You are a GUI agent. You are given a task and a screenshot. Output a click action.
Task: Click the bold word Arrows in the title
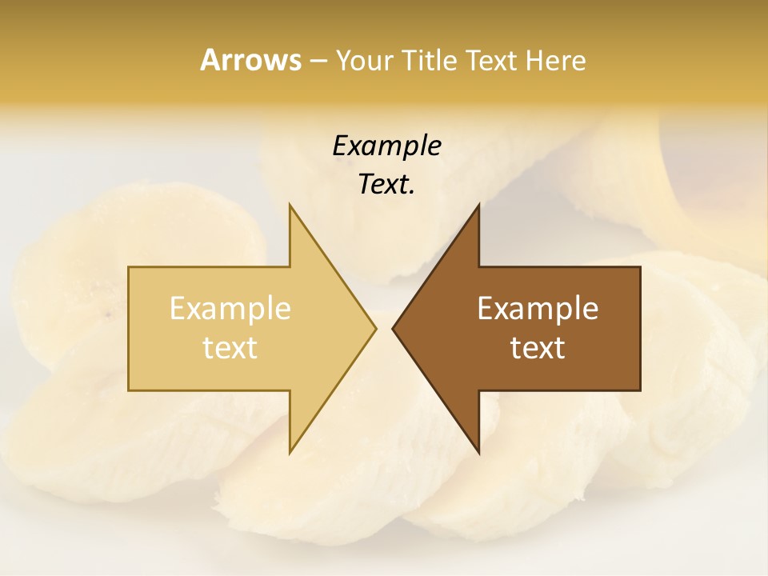250,60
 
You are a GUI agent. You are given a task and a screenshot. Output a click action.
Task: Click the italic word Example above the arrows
386,146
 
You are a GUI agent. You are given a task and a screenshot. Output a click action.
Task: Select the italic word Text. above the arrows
386,185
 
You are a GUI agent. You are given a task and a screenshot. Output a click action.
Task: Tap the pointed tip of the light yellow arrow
376,328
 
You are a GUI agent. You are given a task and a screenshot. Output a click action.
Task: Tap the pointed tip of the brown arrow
392,328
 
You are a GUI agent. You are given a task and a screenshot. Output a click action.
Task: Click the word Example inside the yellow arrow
230,309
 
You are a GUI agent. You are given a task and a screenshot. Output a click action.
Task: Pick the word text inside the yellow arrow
230,348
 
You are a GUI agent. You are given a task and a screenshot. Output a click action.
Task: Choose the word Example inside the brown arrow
538,309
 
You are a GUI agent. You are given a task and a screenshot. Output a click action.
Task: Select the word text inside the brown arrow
538,348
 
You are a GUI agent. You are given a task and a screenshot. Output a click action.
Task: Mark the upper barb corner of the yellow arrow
290,205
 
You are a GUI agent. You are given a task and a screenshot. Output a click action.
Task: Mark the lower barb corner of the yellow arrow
290,454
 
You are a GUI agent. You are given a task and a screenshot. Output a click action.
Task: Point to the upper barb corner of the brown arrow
478,205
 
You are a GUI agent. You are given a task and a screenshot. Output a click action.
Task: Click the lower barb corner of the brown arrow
478,454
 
